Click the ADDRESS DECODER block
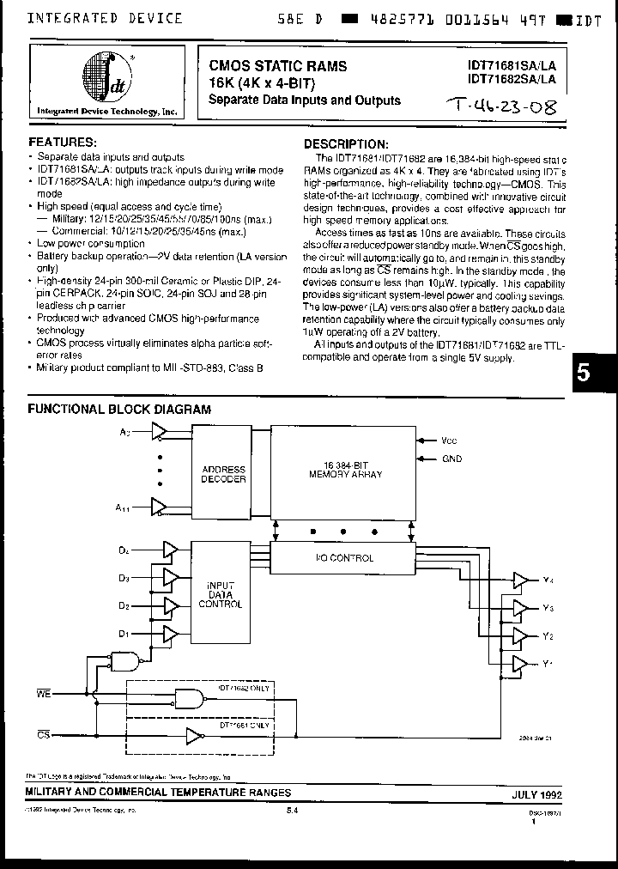pyautogui.click(x=223, y=475)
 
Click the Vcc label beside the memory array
pyautogui.click(x=450, y=440)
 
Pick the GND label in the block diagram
pyautogui.click(x=451, y=459)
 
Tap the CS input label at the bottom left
pyautogui.click(x=43, y=735)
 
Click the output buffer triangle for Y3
pyautogui.click(x=520, y=608)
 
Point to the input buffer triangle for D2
pyautogui.click(x=170, y=605)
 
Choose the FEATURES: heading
pyautogui.click(x=63, y=140)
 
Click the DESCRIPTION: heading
pyautogui.click(x=346, y=144)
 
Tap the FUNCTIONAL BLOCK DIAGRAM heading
pyautogui.click(x=119, y=409)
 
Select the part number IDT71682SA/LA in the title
pyautogui.click(x=512, y=78)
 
